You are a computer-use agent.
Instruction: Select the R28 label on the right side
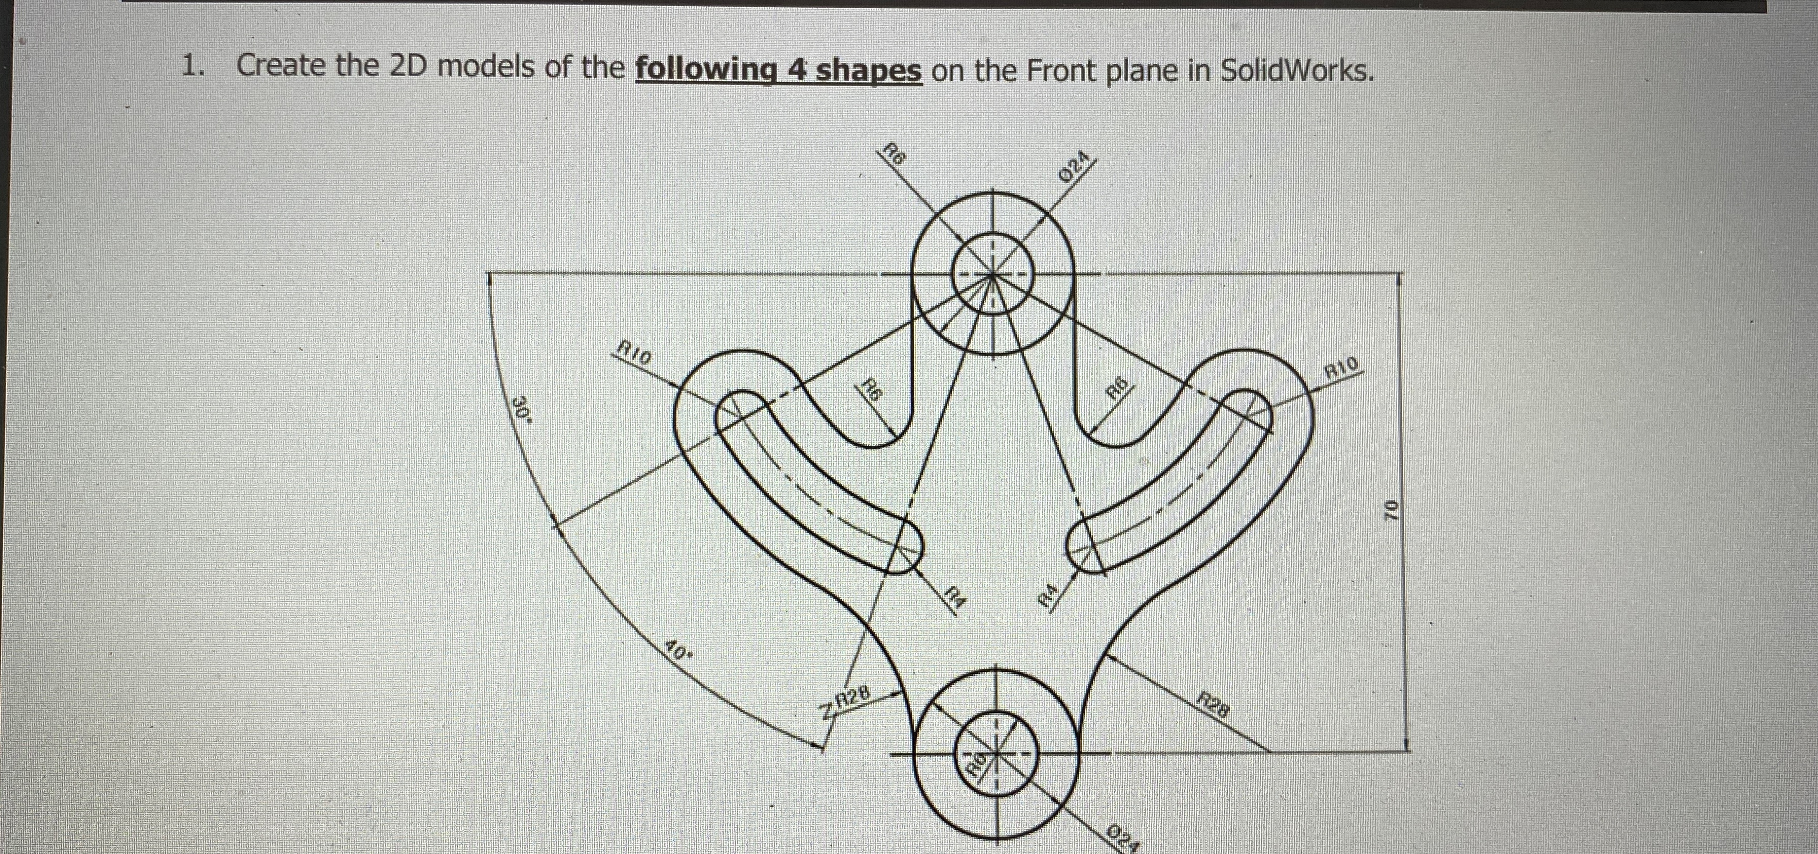coord(1214,705)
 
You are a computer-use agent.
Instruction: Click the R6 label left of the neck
coord(873,390)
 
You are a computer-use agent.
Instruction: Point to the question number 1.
coord(193,66)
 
